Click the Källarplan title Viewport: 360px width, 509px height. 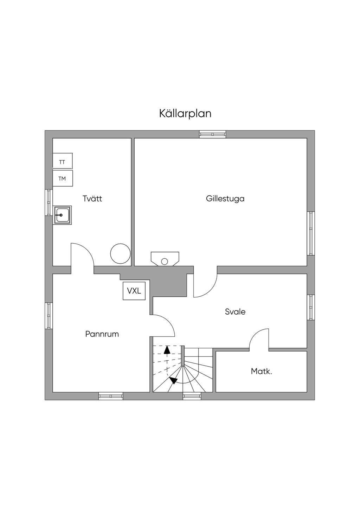click(185, 114)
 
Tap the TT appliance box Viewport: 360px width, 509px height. click(62, 162)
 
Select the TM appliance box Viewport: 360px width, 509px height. click(62, 179)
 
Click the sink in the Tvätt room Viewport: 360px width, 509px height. click(63, 215)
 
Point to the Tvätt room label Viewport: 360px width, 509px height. click(92, 199)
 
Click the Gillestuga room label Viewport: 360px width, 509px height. click(225, 199)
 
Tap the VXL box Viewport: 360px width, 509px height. click(134, 291)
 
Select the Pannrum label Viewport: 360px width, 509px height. click(102, 334)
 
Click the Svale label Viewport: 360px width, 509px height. click(235, 311)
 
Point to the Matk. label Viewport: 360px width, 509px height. click(261, 371)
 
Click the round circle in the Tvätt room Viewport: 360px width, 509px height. click(120, 254)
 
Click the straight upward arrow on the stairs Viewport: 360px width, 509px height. click(167, 350)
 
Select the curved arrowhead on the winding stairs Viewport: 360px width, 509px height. click(173, 380)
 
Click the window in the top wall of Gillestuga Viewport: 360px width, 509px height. click(212, 134)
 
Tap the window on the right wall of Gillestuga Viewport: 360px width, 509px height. click(311, 233)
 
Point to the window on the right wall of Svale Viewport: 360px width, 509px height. click(311, 307)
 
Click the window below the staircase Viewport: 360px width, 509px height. click(192, 396)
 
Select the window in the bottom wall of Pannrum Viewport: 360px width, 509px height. click(111, 396)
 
